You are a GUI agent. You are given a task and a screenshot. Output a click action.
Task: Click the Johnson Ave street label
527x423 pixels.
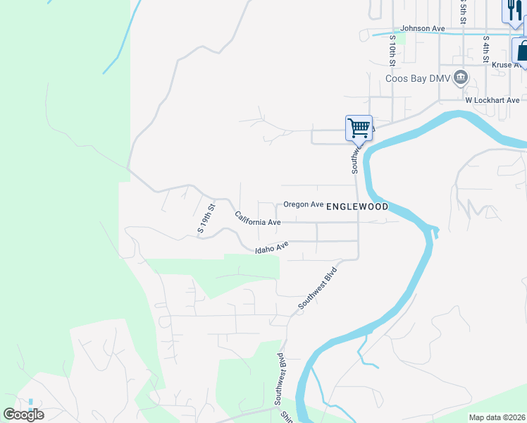[423, 29]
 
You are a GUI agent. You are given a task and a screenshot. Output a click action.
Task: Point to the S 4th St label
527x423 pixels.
[486, 49]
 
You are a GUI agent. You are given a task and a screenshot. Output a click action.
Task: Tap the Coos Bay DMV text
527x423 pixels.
[416, 78]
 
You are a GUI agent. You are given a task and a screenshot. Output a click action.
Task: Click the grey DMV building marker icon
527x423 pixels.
[460, 77]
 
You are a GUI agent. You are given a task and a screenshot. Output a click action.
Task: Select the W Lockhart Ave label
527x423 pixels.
[491, 100]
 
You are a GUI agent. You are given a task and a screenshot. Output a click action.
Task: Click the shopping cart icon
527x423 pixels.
[359, 128]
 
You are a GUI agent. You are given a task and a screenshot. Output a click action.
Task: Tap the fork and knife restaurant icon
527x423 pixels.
[512, 9]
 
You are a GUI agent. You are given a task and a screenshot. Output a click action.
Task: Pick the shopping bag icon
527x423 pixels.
[521, 51]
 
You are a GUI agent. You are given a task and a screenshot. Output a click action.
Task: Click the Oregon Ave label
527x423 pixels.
[303, 204]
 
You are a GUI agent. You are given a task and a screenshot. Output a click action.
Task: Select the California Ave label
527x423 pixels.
[258, 219]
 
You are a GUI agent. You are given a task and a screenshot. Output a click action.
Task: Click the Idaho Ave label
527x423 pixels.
[273, 247]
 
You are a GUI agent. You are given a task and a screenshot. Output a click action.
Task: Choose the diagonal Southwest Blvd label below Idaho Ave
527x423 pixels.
[318, 288]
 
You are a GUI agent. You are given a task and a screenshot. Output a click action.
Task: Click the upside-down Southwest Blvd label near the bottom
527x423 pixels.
[279, 377]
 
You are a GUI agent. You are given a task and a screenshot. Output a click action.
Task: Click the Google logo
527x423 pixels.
[23, 415]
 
